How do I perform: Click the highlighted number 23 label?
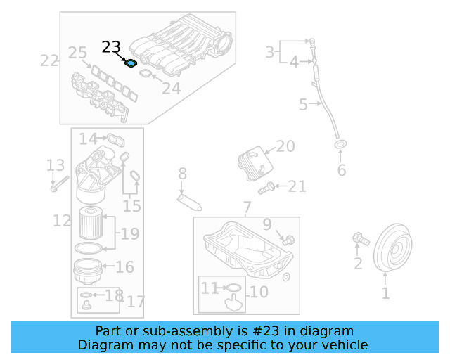[x=111, y=47]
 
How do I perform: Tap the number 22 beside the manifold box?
[x=49, y=60]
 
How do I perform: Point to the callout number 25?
[x=77, y=52]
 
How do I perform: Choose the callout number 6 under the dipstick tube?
[x=342, y=170]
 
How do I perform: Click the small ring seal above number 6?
[x=341, y=146]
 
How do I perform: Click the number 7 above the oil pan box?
[x=247, y=208]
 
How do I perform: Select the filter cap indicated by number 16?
[x=87, y=269]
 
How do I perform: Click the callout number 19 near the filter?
[x=129, y=233]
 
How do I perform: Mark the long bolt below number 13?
[x=58, y=186]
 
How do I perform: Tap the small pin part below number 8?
[x=190, y=199]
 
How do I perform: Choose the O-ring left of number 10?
[x=233, y=288]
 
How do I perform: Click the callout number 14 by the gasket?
[x=89, y=139]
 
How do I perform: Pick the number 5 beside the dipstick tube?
[x=303, y=105]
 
